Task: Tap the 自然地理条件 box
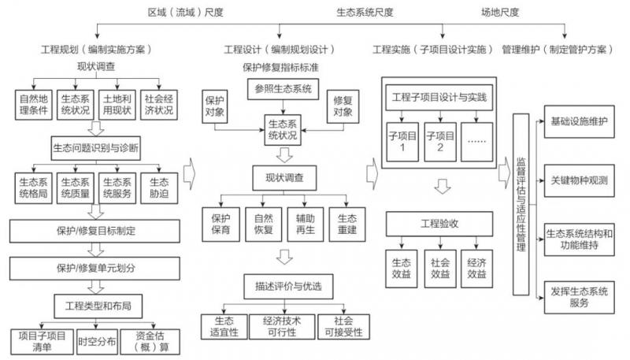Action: pyautogui.click(x=34, y=102)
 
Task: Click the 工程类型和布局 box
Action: pyautogui.click(x=95, y=302)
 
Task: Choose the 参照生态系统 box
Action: pyautogui.click(x=283, y=89)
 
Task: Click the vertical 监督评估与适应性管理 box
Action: pyautogui.click(x=520, y=205)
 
